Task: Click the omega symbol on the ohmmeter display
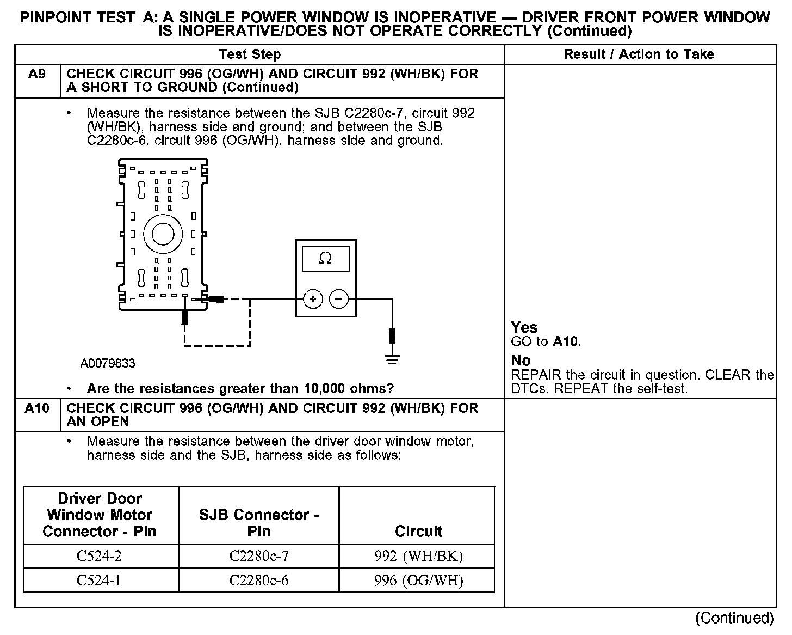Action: [325, 258]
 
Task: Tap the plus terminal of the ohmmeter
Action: [313, 299]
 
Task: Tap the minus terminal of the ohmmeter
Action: [338, 299]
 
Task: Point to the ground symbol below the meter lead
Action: [392, 359]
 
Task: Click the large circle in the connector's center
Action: [163, 234]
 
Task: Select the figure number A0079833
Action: [108, 363]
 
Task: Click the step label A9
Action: [37, 74]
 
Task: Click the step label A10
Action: [37, 408]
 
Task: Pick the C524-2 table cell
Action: [100, 556]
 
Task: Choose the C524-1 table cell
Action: [100, 581]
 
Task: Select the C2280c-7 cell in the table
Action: [259, 556]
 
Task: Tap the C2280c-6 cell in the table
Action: [259, 581]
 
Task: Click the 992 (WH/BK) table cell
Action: [418, 556]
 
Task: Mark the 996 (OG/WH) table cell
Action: [418, 581]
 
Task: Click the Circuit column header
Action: [418, 531]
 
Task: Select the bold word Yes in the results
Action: [524, 327]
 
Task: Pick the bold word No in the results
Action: [521, 361]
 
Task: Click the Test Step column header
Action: [250, 54]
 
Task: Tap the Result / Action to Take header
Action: [639, 54]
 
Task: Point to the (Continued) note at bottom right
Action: [734, 618]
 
